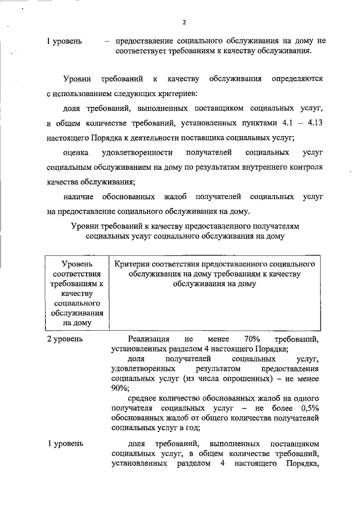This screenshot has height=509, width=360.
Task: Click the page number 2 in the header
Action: pos(184,22)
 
